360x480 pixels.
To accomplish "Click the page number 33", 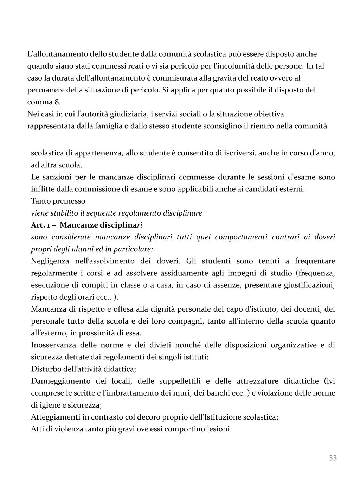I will coord(333,458).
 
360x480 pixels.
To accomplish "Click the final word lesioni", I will coord(218,429).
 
